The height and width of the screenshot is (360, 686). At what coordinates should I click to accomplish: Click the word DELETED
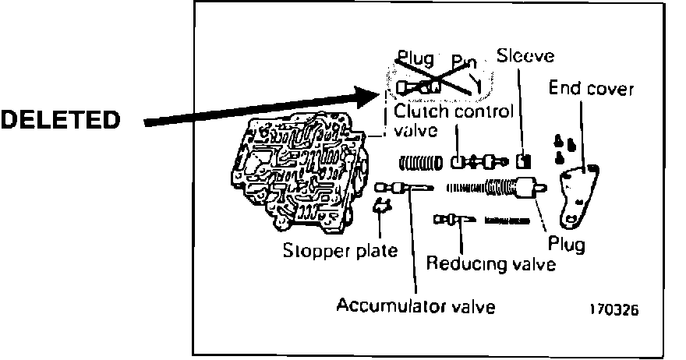tap(61, 120)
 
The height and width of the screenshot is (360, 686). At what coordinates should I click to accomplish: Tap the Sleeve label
tap(525, 56)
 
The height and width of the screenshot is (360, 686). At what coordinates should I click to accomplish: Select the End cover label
tap(592, 88)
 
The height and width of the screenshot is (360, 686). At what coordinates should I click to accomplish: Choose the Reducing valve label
tap(491, 264)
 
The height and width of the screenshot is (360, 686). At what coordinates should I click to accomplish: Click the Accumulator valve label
tap(415, 305)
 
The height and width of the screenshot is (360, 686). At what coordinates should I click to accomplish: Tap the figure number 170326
tap(614, 309)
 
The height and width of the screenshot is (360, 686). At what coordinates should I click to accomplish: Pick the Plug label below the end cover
tap(567, 243)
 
